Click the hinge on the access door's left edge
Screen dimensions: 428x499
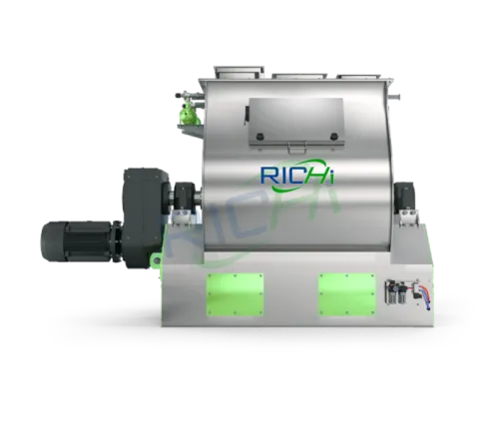coord(244,115)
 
